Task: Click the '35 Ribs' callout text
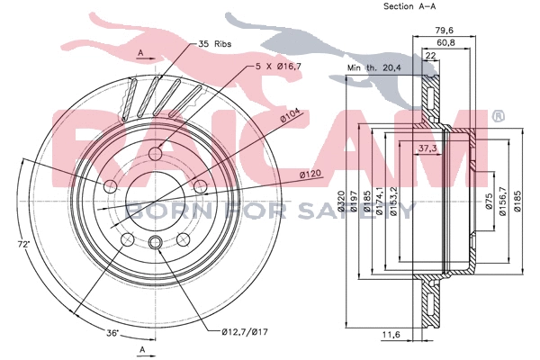click(x=215, y=42)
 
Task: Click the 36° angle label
click(x=112, y=333)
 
